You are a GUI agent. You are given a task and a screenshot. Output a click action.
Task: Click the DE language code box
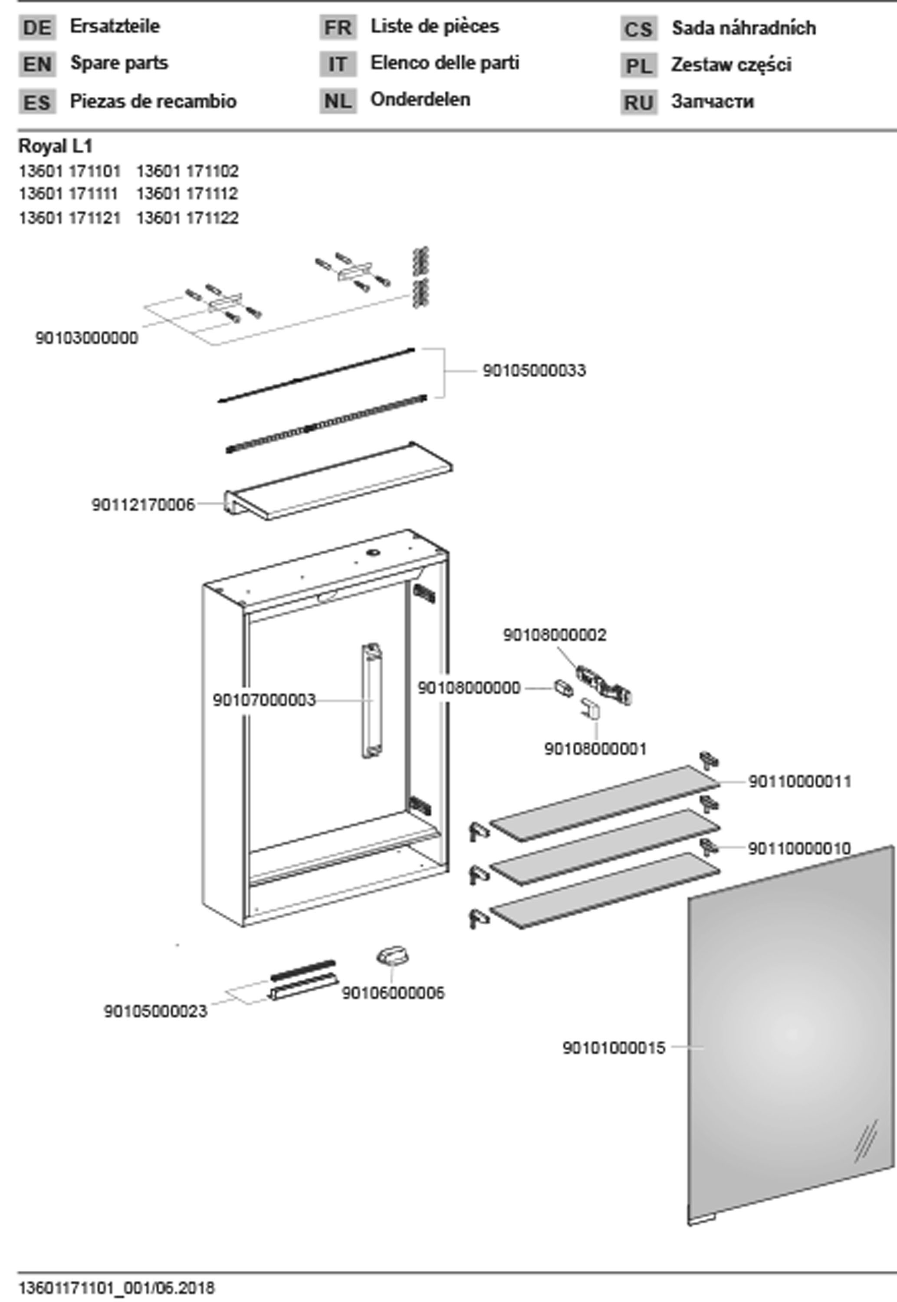point(37,27)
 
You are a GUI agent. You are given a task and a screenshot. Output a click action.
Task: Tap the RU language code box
point(638,103)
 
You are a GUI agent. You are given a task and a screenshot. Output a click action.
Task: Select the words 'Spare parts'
point(118,63)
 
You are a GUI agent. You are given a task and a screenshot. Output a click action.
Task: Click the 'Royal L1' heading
point(55,146)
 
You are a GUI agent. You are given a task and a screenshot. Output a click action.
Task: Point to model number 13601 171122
point(187,217)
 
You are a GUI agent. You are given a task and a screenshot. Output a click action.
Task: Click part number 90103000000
point(86,338)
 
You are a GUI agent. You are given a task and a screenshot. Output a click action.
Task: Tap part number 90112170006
point(143,505)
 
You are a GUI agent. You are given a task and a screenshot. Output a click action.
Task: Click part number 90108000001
point(596,749)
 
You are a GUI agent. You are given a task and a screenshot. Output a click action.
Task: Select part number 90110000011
point(800,781)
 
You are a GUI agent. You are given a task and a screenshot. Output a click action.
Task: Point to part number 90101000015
point(614,1047)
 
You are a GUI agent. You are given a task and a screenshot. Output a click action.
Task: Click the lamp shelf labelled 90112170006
point(339,481)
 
